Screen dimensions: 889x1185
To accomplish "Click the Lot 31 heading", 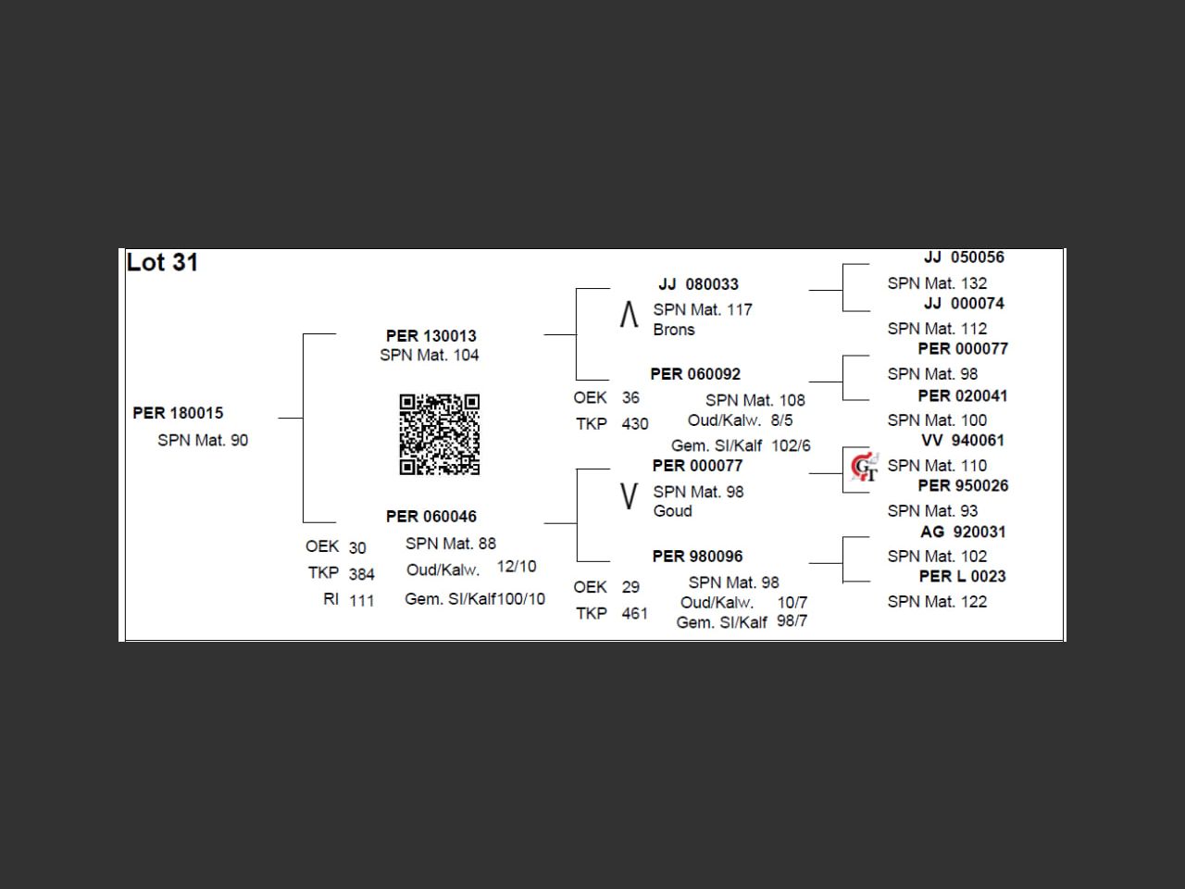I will (x=162, y=263).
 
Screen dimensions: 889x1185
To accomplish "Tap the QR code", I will (x=440, y=434).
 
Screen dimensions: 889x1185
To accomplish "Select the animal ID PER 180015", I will (x=178, y=413).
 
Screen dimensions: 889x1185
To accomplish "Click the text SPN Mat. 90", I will (x=203, y=440).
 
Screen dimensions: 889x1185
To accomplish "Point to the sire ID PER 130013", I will (x=430, y=335).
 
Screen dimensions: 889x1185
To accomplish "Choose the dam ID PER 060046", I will (x=430, y=516).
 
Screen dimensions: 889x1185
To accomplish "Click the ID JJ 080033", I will (x=698, y=284).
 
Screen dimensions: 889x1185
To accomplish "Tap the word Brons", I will (x=673, y=330).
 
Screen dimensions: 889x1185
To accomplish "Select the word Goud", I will (x=672, y=511).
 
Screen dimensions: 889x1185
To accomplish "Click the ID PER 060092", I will (x=695, y=374).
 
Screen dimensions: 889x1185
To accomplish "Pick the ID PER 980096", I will (x=697, y=557).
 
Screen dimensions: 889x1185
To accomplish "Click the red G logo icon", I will (x=864, y=467).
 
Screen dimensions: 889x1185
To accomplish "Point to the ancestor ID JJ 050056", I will (x=964, y=257).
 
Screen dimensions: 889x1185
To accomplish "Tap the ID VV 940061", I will (x=963, y=441).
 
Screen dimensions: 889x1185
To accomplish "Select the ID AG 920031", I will (x=963, y=532).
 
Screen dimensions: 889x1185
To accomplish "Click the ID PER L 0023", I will (x=962, y=576).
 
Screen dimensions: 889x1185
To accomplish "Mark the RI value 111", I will (x=362, y=601).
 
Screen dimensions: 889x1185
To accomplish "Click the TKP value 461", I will (x=634, y=613).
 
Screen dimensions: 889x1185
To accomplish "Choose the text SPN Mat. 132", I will (x=937, y=283).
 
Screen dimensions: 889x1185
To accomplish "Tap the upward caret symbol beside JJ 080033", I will (x=629, y=315).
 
